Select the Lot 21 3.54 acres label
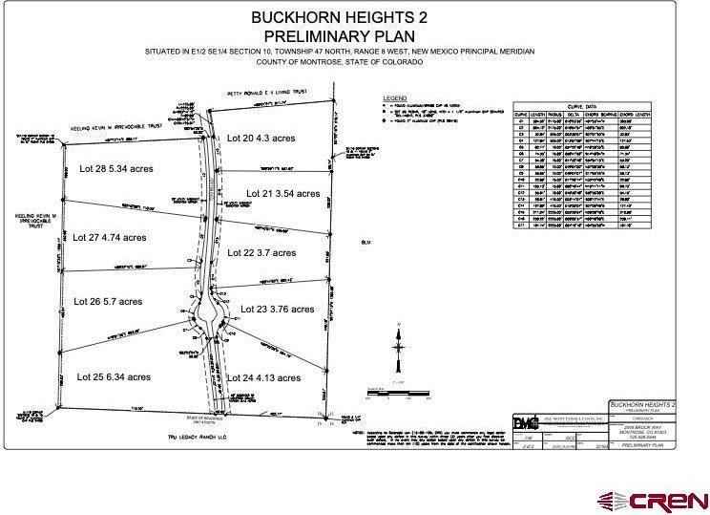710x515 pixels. [283, 193]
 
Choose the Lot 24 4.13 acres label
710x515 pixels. [263, 378]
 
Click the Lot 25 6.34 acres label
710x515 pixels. [112, 376]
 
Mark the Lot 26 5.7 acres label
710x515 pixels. [109, 301]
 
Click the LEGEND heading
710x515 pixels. [394, 98]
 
